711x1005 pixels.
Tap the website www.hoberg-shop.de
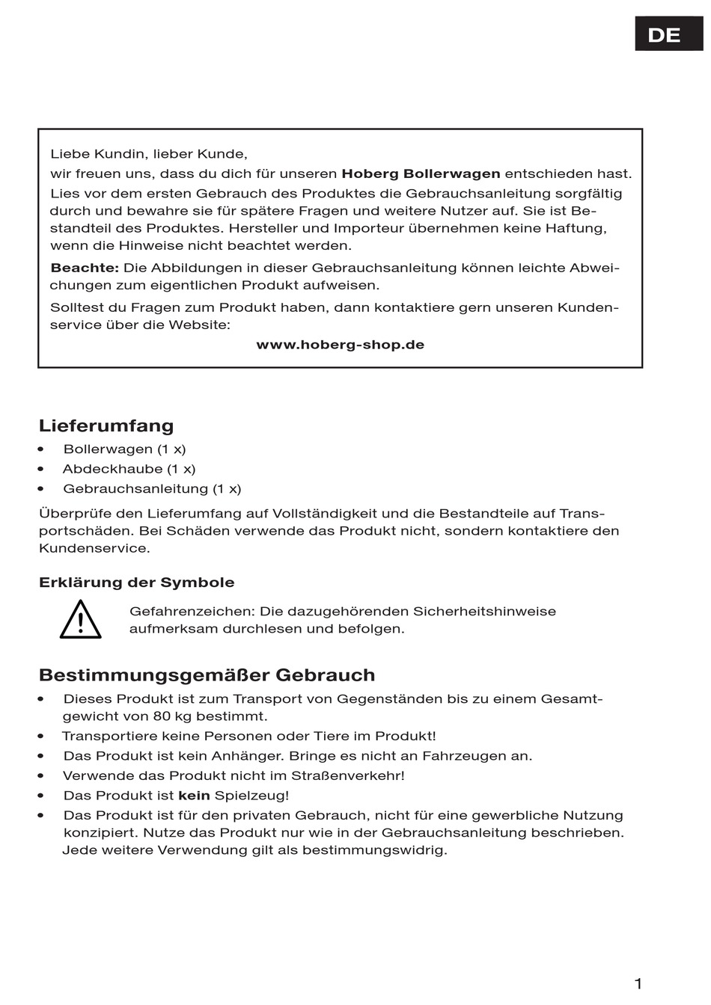tap(340, 345)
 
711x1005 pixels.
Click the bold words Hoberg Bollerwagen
tap(421, 174)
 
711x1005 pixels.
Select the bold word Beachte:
tap(85, 268)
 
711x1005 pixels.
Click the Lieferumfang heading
tap(106, 425)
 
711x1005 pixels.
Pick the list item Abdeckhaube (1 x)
tap(129, 469)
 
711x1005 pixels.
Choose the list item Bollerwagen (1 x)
tap(124, 449)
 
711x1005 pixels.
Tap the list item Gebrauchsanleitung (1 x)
tap(152, 489)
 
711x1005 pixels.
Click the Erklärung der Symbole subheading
tap(136, 583)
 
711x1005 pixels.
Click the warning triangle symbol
tap(81, 620)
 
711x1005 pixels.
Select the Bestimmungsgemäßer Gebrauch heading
tap(207, 675)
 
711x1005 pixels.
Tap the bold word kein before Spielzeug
tap(194, 796)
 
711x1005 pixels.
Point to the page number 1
tap(638, 983)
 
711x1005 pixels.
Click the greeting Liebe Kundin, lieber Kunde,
tap(148, 154)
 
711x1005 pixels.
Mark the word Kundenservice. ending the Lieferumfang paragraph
tap(94, 548)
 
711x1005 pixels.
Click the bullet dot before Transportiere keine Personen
tap(42, 737)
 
